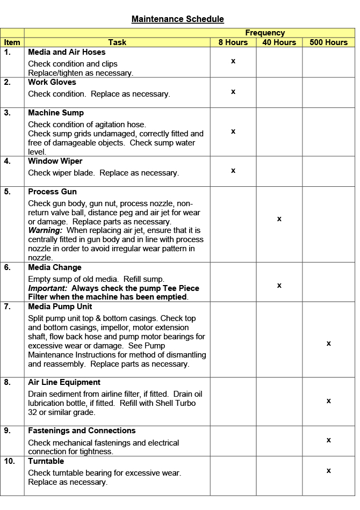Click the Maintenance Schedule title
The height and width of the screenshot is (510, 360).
pos(178,19)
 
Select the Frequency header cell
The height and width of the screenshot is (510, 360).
pos(265,33)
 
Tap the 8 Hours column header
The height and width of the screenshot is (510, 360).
pos(233,42)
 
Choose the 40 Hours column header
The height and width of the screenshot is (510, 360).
pos(279,42)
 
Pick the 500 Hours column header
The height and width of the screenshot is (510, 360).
pos(328,42)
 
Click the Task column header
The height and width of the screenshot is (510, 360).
pos(117,42)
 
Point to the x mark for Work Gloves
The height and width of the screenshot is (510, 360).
pos(233,92)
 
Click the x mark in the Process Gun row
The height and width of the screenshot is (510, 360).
pos(279,219)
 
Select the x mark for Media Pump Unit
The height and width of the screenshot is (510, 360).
pos(328,344)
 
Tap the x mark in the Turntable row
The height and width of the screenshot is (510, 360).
pos(328,471)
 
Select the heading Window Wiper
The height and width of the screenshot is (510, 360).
pos(55,161)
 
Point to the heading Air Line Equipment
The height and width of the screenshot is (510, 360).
pos(64,382)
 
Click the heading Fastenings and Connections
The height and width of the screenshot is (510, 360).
pos(82,431)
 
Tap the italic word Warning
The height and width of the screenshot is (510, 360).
pos(43,230)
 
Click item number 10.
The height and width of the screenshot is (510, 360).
pos(10,461)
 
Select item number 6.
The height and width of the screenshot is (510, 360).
pos(8,267)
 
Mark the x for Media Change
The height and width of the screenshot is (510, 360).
pos(279,286)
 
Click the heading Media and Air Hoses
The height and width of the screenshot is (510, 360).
pos(67,52)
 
